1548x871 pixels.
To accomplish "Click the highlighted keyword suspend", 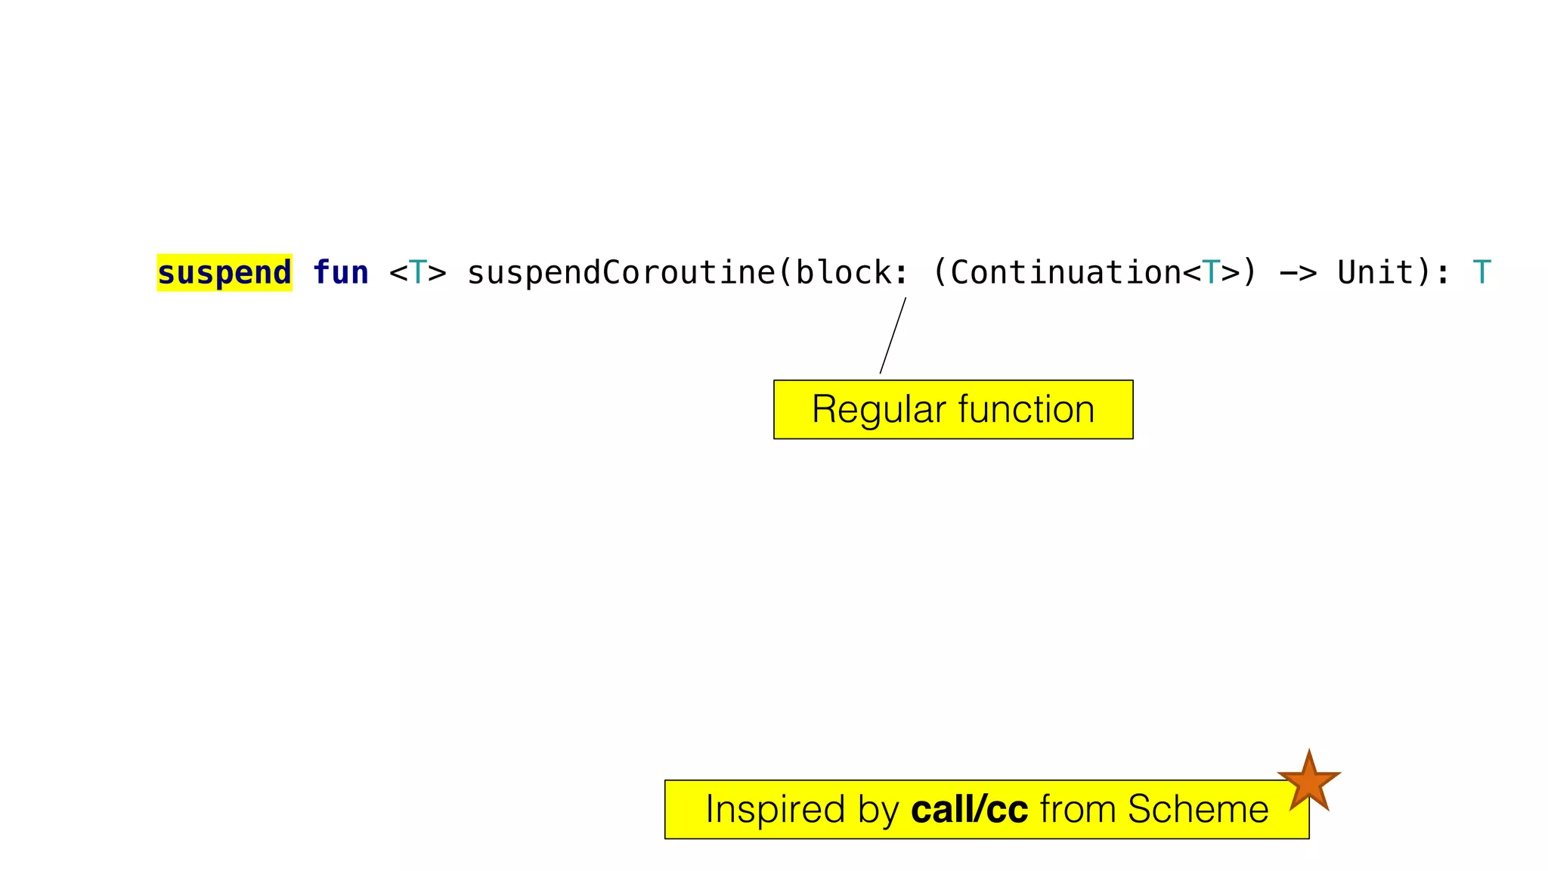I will pyautogui.click(x=224, y=273).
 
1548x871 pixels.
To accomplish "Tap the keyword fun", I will pyautogui.click(x=341, y=273).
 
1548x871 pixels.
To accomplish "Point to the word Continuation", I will pyautogui.click(x=1066, y=273).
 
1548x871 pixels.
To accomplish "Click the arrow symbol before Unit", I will pyautogui.click(x=1298, y=273).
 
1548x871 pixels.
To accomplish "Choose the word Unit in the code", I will pyautogui.click(x=1376, y=273).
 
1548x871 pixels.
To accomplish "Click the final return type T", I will pyautogui.click(x=1481, y=273).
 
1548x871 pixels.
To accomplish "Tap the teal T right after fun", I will pyautogui.click(x=418, y=273).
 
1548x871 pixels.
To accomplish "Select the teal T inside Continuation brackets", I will pyautogui.click(x=1211, y=273).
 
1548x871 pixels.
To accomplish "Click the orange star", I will pyautogui.click(x=1309, y=782).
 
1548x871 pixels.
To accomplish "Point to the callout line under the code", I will pyautogui.click(x=893, y=336).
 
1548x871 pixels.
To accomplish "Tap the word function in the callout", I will pyautogui.click(x=1026, y=410).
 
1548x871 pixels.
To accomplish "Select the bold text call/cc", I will pyautogui.click(x=969, y=810).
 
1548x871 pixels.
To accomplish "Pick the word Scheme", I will pyautogui.click(x=1198, y=810).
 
